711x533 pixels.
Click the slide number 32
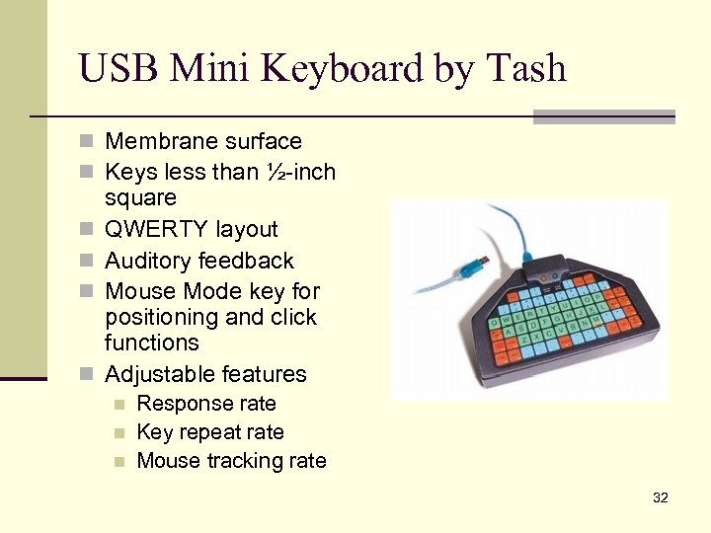coord(661,497)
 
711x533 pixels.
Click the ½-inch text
coord(300,172)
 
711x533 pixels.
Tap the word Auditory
coord(149,261)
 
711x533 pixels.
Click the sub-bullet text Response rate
coord(206,404)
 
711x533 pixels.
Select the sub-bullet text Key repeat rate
coord(210,432)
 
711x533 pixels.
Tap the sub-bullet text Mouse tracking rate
coord(231,461)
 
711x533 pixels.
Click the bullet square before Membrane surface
coord(87,142)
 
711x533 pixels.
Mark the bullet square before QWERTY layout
coord(87,230)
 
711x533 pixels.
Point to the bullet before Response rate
coord(119,405)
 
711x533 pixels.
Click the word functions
coord(152,343)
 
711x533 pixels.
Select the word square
coord(140,197)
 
